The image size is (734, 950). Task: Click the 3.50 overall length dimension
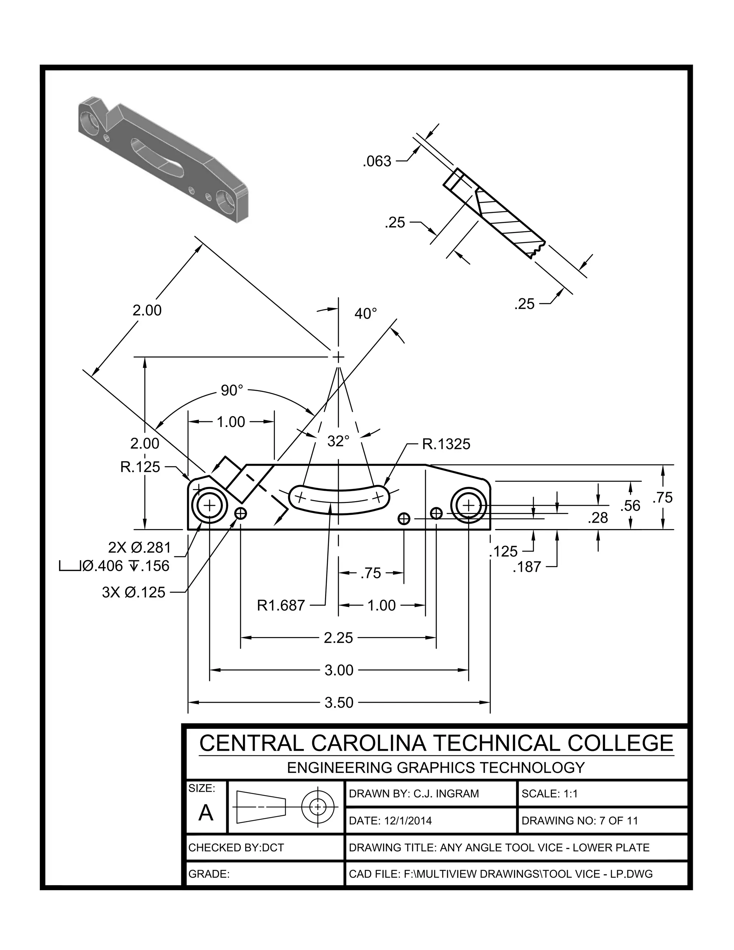point(339,703)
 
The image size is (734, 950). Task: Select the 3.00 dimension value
point(339,670)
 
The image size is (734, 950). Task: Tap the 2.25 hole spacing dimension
point(338,638)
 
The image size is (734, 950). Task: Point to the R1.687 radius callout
point(281,605)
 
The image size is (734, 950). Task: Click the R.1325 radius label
point(446,444)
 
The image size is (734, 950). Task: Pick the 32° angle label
point(338,441)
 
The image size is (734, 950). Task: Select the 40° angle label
point(365,313)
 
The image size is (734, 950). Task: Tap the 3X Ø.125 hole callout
point(133,592)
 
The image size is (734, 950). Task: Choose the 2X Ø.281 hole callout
point(139,547)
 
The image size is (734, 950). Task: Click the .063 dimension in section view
point(377,161)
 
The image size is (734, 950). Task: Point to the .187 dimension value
point(526,567)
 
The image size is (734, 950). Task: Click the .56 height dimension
point(630,505)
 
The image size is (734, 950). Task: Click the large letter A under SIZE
point(206,813)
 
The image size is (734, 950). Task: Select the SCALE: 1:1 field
point(550,794)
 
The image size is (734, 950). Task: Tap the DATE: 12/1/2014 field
point(390,821)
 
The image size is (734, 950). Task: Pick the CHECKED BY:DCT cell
point(236,847)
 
